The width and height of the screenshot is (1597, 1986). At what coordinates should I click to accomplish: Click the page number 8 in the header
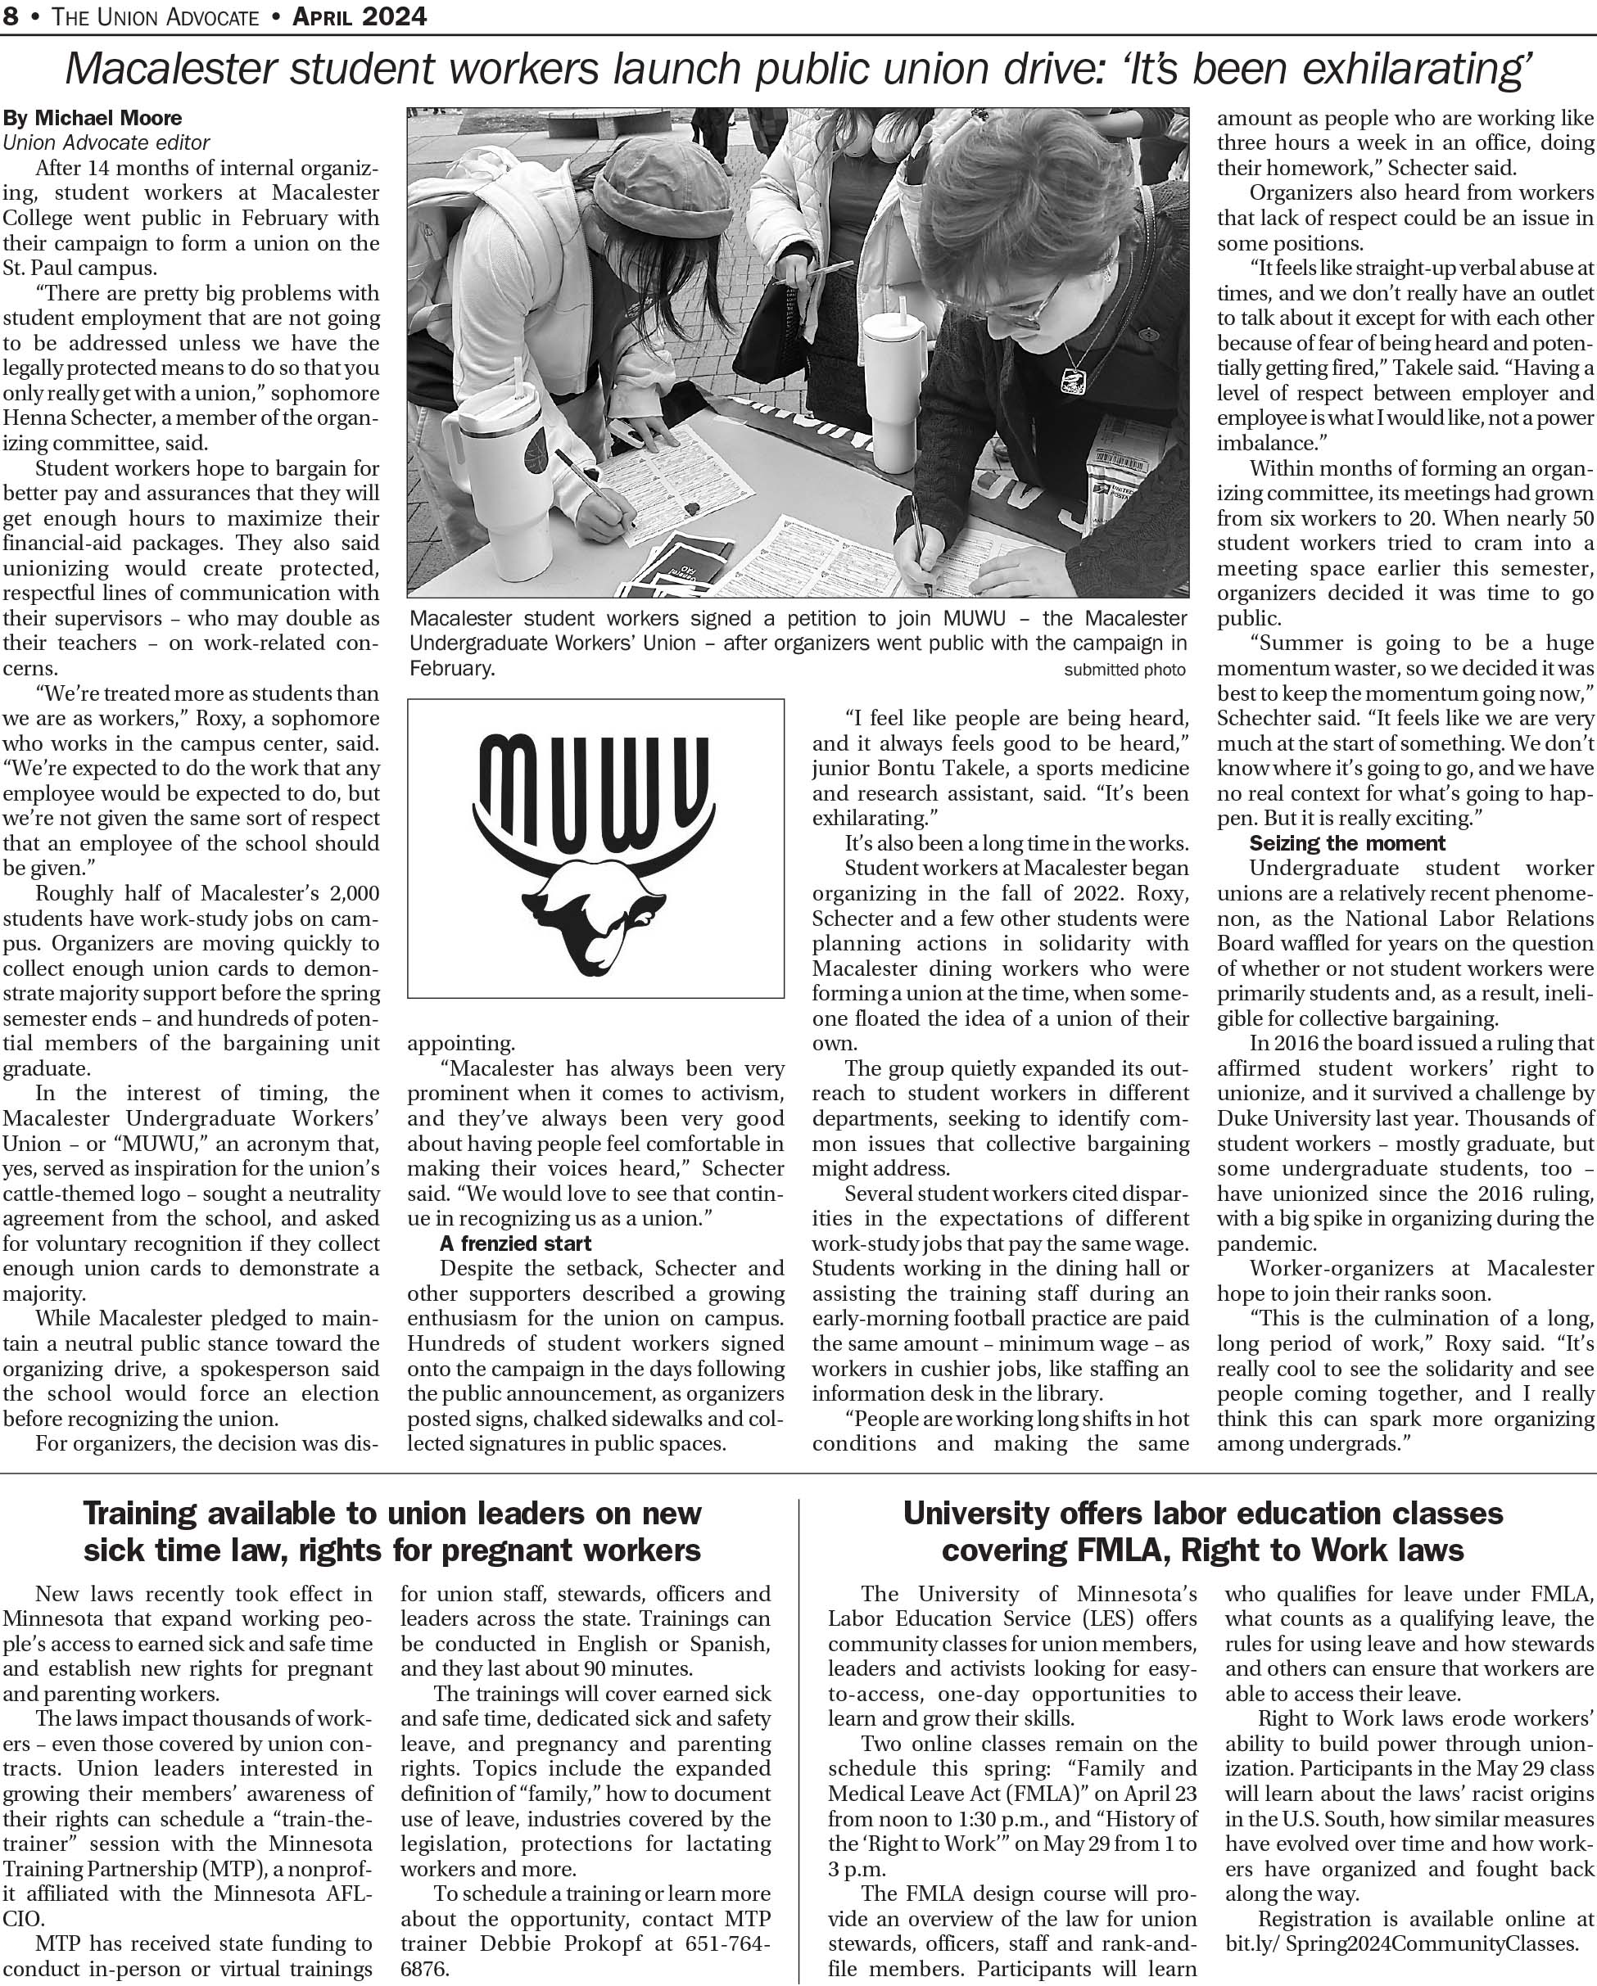coord(9,16)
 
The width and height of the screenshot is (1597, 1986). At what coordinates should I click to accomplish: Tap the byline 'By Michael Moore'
coord(93,118)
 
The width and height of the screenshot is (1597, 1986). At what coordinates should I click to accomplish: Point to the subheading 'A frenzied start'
coord(515,1244)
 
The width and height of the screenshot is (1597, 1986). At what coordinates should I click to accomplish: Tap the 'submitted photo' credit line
coord(1124,670)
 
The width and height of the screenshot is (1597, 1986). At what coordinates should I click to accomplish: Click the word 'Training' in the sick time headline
coord(139,1513)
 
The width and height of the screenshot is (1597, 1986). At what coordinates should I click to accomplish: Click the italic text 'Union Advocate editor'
coord(106,142)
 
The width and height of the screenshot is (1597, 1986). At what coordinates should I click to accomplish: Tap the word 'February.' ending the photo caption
coord(452,669)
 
